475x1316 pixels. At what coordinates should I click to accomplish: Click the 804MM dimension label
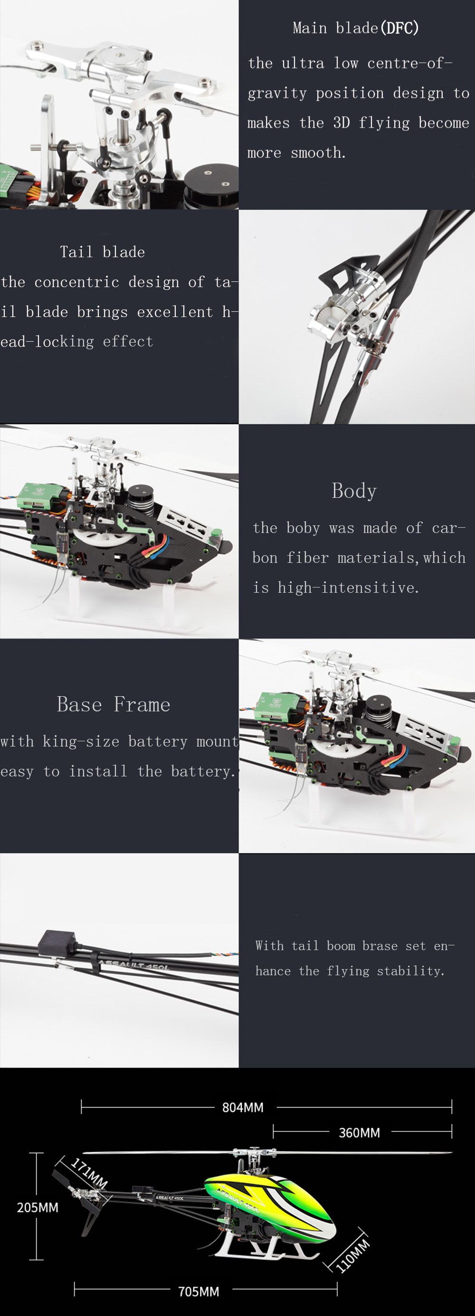pos(242,1107)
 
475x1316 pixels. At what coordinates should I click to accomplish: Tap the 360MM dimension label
pos(359,1133)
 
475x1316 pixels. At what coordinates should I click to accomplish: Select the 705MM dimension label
pos(199,1291)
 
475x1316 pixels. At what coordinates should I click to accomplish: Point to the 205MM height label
pos(38,1207)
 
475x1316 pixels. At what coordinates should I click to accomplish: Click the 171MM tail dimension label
pos(89,1173)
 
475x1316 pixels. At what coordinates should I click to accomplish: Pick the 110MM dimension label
pos(352,1255)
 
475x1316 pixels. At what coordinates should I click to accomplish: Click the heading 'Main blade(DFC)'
pos(355,28)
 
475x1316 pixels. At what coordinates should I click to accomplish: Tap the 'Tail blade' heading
pos(102,252)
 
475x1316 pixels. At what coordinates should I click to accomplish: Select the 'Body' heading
pos(354,490)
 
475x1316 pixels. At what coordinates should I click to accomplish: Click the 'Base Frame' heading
pos(114,704)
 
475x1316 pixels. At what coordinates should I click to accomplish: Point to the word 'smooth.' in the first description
pos(318,153)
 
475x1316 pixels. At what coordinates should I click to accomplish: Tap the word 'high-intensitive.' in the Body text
pos(348,588)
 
